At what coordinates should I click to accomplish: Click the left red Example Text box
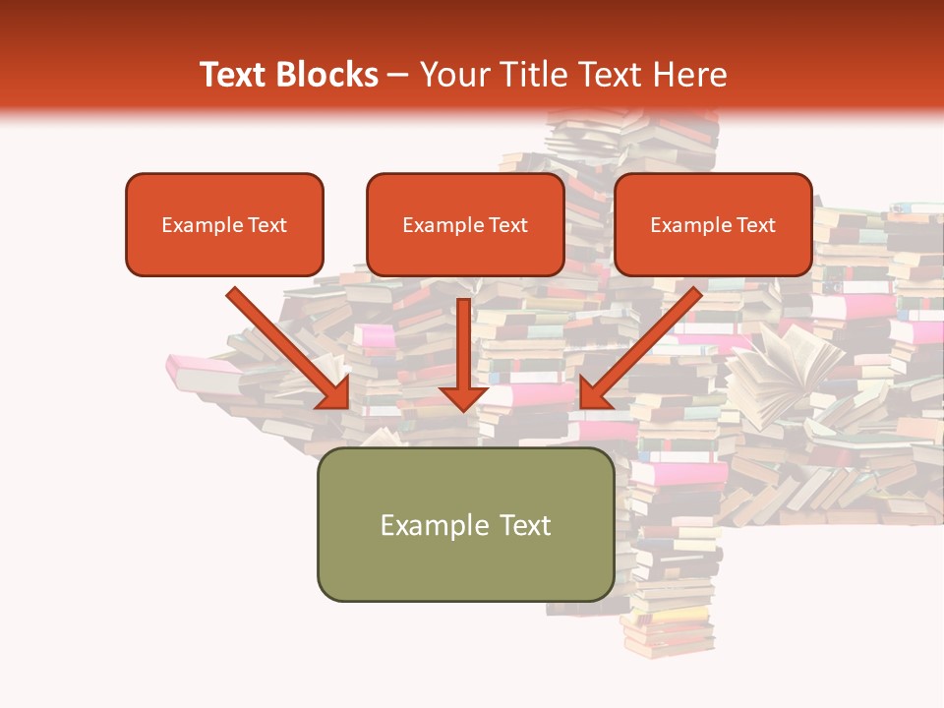tap(224, 225)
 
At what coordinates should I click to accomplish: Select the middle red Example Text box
tap(465, 225)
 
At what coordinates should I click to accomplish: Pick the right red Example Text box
tap(713, 225)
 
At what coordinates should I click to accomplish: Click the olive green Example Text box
tap(465, 524)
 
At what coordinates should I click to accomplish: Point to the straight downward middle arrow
tap(464, 344)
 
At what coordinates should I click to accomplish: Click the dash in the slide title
tap(398, 75)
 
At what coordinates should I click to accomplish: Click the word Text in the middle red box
tap(507, 225)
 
